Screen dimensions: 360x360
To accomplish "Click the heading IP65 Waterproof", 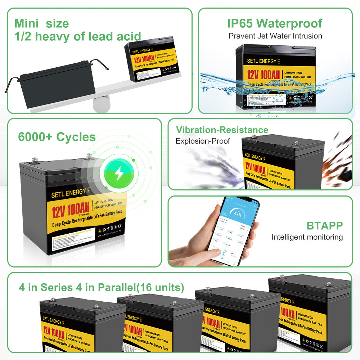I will click(275, 23).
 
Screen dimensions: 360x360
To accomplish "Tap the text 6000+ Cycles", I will click(57, 137).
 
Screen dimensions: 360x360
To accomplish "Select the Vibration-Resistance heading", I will click(222, 130).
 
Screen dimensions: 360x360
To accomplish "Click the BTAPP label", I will click(324, 226).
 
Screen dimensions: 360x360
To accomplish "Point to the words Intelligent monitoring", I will click(307, 237).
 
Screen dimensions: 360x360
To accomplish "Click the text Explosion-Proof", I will click(202, 141).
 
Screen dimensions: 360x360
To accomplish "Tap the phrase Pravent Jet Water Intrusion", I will click(275, 36).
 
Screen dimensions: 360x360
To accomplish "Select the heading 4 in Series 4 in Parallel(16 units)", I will click(102, 288).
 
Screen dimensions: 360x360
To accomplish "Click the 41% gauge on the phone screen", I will click(238, 214).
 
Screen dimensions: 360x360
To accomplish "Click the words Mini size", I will click(41, 23).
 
